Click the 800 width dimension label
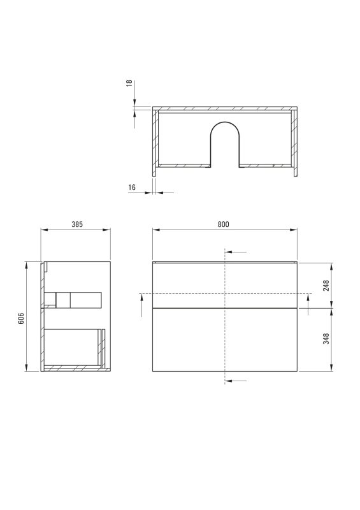pyautogui.click(x=223, y=224)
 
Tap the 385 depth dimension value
pyautogui.click(x=77, y=224)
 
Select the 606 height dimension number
pyautogui.click(x=21, y=318)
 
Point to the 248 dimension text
pyautogui.click(x=326, y=285)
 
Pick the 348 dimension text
pyautogui.click(x=326, y=339)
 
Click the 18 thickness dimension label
pyautogui.click(x=129, y=83)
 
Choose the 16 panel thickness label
pyautogui.click(x=132, y=187)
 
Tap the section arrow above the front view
pyautogui.click(x=236, y=252)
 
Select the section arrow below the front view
pyautogui.click(x=236, y=381)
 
